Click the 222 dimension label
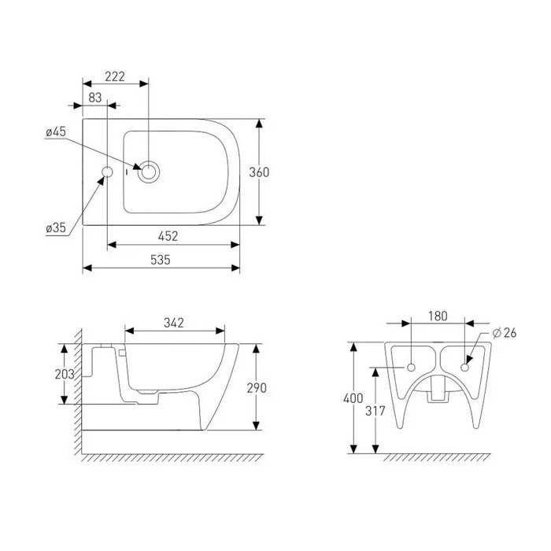coord(115,76)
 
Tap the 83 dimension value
coord(95,98)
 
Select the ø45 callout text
coord(56,131)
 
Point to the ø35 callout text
coord(56,227)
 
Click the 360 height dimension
coord(259,172)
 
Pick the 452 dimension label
coord(168,236)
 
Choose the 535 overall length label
coord(161,260)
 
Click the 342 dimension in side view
coord(174,323)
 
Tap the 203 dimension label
coord(65,375)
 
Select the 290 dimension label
coord(257,388)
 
